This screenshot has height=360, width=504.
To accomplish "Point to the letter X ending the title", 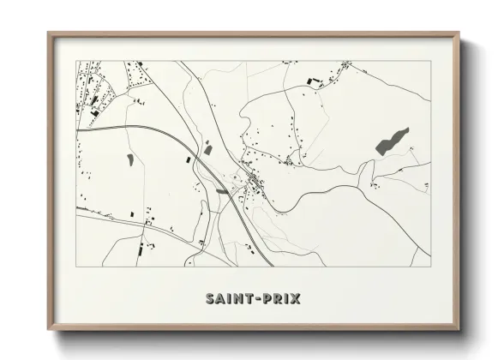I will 296,299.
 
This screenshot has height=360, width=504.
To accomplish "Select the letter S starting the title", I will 211,299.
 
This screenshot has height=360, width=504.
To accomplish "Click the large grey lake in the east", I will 393,141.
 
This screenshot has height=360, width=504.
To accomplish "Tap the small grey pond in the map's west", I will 130,159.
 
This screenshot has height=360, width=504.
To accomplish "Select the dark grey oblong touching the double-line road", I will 223,192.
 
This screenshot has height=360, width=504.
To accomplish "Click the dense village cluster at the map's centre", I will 255,181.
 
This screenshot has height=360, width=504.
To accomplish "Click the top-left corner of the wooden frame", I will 49,33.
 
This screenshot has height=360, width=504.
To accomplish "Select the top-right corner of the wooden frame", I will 459,33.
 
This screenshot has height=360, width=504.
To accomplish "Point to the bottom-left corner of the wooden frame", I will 49,330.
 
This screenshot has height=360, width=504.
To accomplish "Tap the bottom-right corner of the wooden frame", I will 459,330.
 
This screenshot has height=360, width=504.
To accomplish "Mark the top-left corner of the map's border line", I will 77,61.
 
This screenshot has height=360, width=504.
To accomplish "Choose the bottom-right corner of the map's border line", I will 430,266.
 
